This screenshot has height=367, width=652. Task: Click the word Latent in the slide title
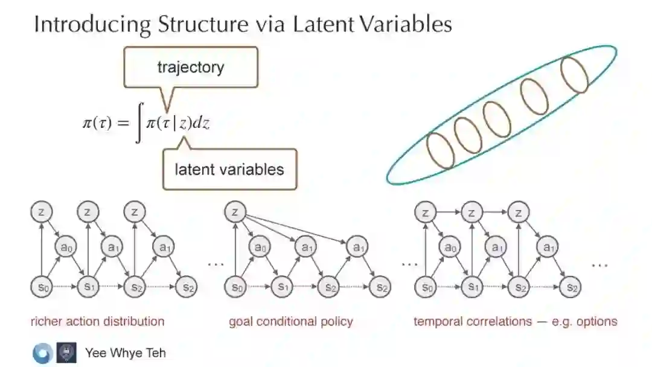[x=323, y=24]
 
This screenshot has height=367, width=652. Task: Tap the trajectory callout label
[x=190, y=66]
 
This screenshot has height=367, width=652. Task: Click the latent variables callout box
[x=229, y=169]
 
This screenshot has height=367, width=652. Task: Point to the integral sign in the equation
[x=139, y=123]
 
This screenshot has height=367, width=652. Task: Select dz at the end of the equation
[x=202, y=123]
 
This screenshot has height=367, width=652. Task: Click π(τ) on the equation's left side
[x=97, y=123]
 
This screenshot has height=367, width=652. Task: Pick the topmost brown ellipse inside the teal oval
[x=574, y=74]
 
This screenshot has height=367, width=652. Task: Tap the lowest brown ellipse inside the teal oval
[x=440, y=150]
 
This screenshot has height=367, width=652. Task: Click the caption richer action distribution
[x=97, y=321]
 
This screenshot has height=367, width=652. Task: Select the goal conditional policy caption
[x=290, y=321]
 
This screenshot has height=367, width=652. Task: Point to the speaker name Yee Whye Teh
[x=126, y=353]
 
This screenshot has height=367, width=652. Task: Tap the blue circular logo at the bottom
[x=42, y=353]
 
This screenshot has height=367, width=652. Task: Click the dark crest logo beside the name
[x=66, y=353]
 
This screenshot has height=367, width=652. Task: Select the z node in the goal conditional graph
[x=235, y=211]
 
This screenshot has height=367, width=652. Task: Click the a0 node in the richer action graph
[x=66, y=246]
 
